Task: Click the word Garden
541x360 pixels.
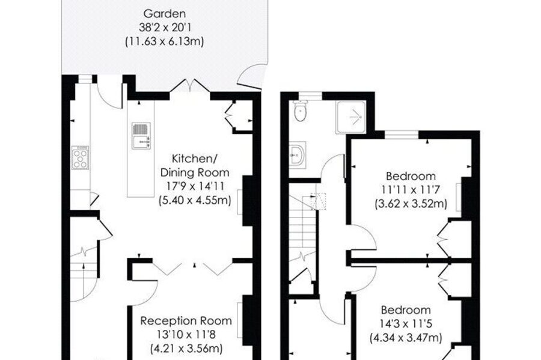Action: point(165,14)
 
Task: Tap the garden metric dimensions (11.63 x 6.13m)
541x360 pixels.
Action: point(164,41)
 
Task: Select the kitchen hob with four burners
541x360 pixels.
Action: point(81,157)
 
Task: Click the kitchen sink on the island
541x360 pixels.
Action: point(141,136)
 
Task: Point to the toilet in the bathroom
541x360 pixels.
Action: point(301,111)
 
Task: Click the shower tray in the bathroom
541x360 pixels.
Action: point(350,118)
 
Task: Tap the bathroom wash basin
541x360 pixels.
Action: point(298,155)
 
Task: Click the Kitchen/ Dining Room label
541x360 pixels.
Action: point(195,165)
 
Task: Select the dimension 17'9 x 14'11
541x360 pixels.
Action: point(195,186)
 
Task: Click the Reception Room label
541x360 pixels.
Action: point(186,321)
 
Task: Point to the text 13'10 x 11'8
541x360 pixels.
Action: point(186,335)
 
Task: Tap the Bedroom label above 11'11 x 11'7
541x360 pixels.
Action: point(411,176)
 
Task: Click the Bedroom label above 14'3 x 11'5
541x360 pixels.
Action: point(405,310)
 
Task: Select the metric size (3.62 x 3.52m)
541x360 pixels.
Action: point(411,204)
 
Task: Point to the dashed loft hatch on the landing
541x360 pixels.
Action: point(318,201)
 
